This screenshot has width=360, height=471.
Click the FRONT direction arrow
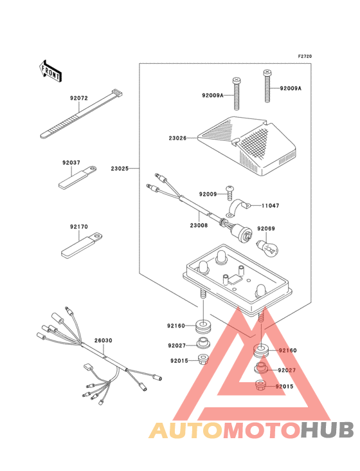(50, 71)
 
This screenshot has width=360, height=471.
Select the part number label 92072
(79, 98)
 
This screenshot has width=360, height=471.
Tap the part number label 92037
(71, 163)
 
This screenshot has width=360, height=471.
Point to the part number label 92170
(79, 226)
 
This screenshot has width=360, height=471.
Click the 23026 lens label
(177, 138)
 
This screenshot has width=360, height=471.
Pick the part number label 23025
(120, 169)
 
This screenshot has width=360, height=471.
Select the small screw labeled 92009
(230, 192)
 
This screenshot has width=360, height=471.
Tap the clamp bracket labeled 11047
(239, 208)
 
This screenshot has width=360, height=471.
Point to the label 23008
(199, 225)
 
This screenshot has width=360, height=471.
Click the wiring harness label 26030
(104, 340)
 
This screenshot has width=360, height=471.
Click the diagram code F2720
(305, 56)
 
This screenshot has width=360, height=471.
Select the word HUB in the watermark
(327, 430)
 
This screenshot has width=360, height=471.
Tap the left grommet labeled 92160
(204, 326)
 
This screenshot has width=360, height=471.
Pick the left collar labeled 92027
(203, 344)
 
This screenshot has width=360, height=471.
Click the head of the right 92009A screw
(267, 73)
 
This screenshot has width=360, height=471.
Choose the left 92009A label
(213, 96)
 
